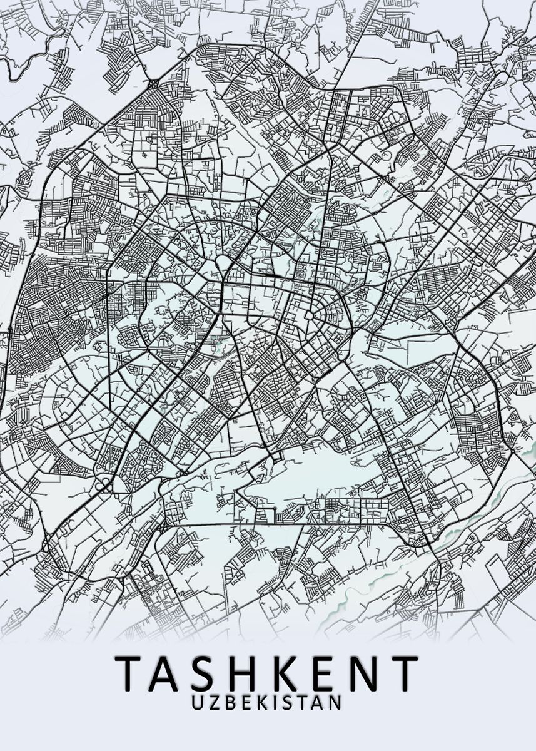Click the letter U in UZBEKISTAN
pyautogui.click(x=198, y=702)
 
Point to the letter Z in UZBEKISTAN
pyautogui.click(x=214, y=702)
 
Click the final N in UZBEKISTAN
pyautogui.click(x=336, y=702)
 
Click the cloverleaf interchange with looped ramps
pyautogui.click(x=104, y=484)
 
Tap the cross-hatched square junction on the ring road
pyautogui.click(x=154, y=84)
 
